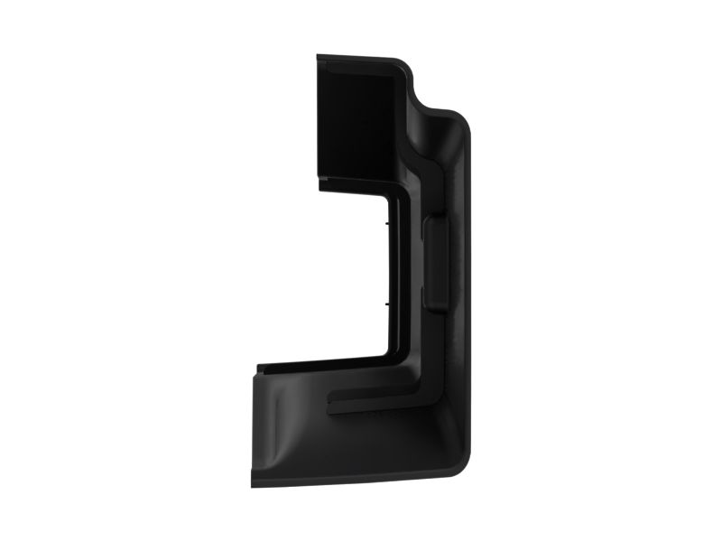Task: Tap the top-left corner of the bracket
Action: (x=319, y=57)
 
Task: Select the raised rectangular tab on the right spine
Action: (x=434, y=263)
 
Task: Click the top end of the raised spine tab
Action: (x=434, y=218)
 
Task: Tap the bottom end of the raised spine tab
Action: (x=434, y=310)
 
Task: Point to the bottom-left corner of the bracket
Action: (x=254, y=483)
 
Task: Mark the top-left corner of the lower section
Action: (x=258, y=370)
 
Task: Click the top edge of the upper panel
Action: (x=356, y=58)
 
